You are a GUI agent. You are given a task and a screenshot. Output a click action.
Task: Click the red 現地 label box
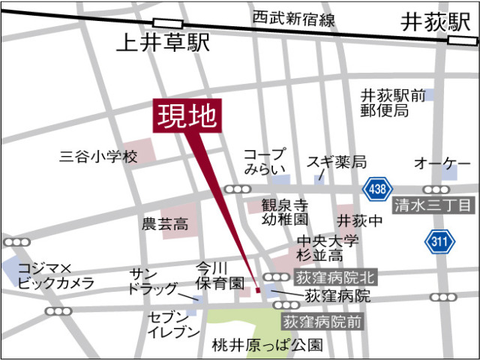pyautogui.click(x=187, y=116)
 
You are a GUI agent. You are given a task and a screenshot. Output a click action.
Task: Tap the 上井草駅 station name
pyautogui.click(x=162, y=43)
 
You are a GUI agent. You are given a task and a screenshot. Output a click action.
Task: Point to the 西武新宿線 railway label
pyautogui.click(x=293, y=17)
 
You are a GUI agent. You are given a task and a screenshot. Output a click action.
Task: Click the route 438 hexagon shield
pyautogui.click(x=376, y=190)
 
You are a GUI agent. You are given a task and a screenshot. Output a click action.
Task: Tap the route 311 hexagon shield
pyautogui.click(x=439, y=241)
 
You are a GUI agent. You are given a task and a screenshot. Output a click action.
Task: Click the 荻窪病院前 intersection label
pyautogui.click(x=322, y=322)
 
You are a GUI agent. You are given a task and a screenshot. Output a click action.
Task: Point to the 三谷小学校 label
pyautogui.click(x=100, y=157)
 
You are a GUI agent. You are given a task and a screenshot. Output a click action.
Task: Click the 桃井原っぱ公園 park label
pyautogui.click(x=267, y=346)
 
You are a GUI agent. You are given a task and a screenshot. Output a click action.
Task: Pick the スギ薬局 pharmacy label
pyautogui.click(x=335, y=162)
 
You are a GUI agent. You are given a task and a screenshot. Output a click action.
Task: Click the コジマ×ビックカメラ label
pyautogui.click(x=56, y=275)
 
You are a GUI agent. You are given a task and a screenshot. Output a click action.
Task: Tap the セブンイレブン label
pyautogui.click(x=174, y=323)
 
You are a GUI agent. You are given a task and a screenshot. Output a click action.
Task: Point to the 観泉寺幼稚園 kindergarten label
pyautogui.click(x=285, y=211)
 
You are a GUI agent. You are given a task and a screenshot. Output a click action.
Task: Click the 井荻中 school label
pyautogui.click(x=359, y=220)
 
